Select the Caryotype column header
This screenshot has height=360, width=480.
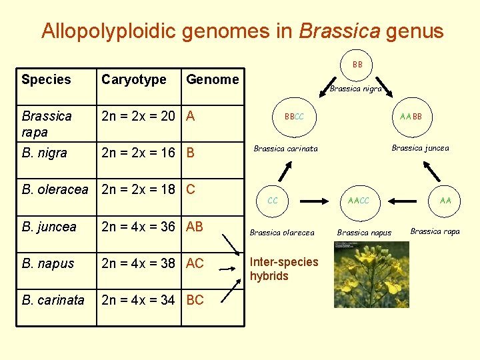[133, 79]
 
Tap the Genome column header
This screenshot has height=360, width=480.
[212, 79]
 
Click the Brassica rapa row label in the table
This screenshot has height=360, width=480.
[46, 123]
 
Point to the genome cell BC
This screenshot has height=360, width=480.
[195, 300]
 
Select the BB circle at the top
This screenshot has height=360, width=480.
[357, 65]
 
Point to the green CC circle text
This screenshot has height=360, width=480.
[273, 200]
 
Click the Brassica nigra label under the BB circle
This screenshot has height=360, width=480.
[355, 89]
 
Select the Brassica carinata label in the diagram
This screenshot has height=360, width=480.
[285, 149]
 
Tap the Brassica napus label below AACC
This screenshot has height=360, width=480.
[364, 233]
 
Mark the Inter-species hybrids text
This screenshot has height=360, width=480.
[284, 269]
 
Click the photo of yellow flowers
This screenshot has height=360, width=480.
[361, 275]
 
